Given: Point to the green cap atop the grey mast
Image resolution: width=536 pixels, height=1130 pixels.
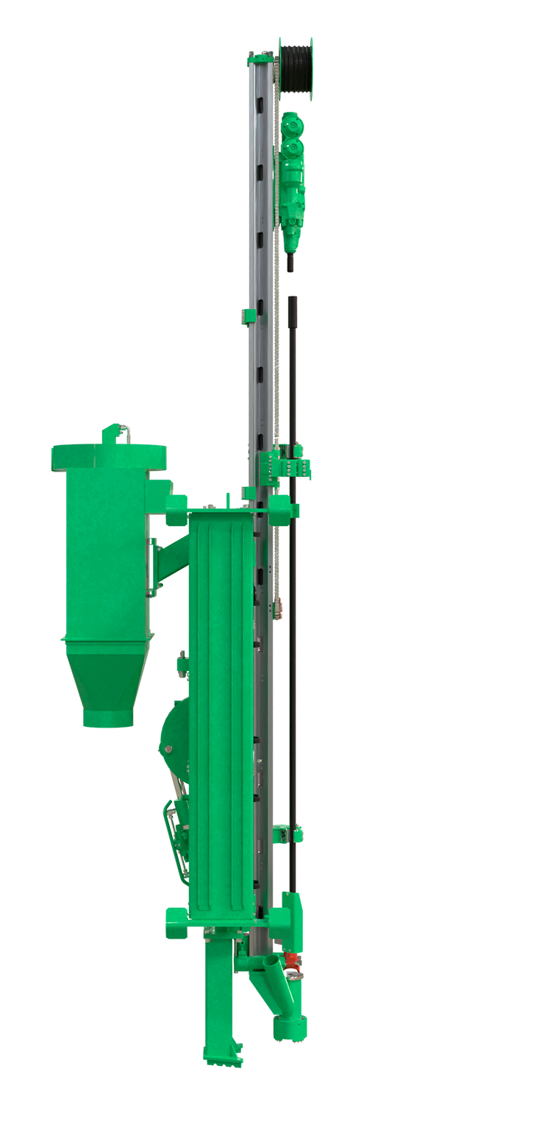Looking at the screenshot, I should pyautogui.click(x=261, y=56).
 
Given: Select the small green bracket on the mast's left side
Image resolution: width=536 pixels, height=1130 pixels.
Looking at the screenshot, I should pyautogui.click(x=249, y=316).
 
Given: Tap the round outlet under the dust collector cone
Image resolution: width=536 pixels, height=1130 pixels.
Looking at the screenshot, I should pyautogui.click(x=107, y=717).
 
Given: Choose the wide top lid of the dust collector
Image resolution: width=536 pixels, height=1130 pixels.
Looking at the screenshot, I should pyautogui.click(x=107, y=456).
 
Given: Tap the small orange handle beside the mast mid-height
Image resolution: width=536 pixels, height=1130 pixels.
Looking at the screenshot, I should pyautogui.click(x=280, y=608).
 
